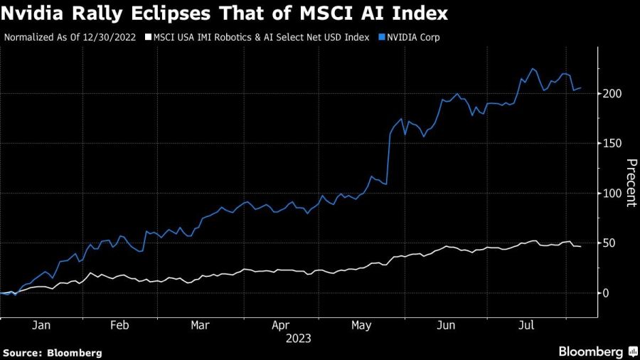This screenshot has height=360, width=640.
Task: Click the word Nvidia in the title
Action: tap(35, 14)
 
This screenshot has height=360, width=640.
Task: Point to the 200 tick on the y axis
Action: tap(614, 94)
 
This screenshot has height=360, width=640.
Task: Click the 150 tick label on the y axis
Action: tap(614, 144)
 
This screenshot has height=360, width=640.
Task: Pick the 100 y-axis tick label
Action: tap(614, 194)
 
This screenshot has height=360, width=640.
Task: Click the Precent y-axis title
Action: tap(630, 183)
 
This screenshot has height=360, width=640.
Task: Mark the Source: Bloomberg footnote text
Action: tap(53, 352)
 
